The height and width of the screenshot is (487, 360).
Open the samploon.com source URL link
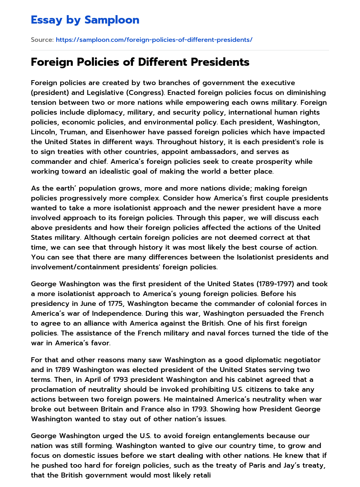[x=154, y=40]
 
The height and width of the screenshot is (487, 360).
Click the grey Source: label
[x=42, y=40]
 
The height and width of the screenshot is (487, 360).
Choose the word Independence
[x=122, y=313]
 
